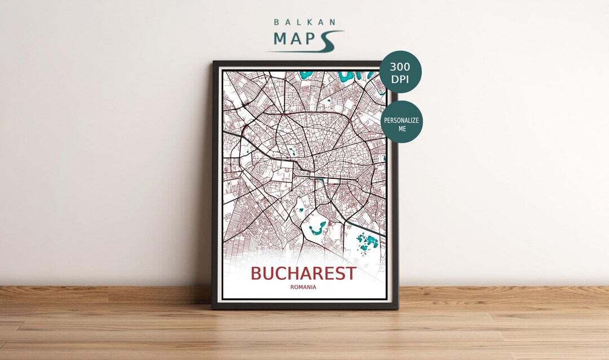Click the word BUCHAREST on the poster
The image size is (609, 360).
pos(303,274)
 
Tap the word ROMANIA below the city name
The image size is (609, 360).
pos(303,287)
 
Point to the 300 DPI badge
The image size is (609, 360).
pos(400,72)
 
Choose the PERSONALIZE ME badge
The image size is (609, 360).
pos(401,121)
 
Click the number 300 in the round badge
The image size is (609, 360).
pos(400,67)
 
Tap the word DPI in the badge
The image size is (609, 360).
pos(400,79)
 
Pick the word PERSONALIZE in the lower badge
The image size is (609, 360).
pos(401,120)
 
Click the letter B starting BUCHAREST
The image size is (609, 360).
pos(257,274)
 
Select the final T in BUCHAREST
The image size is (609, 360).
pos(350,274)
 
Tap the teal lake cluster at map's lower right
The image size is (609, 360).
pos(368,243)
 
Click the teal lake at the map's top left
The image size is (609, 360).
pos(307,74)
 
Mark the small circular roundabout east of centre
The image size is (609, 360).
pos(357,180)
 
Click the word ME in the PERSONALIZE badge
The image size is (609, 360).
pos(401,129)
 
